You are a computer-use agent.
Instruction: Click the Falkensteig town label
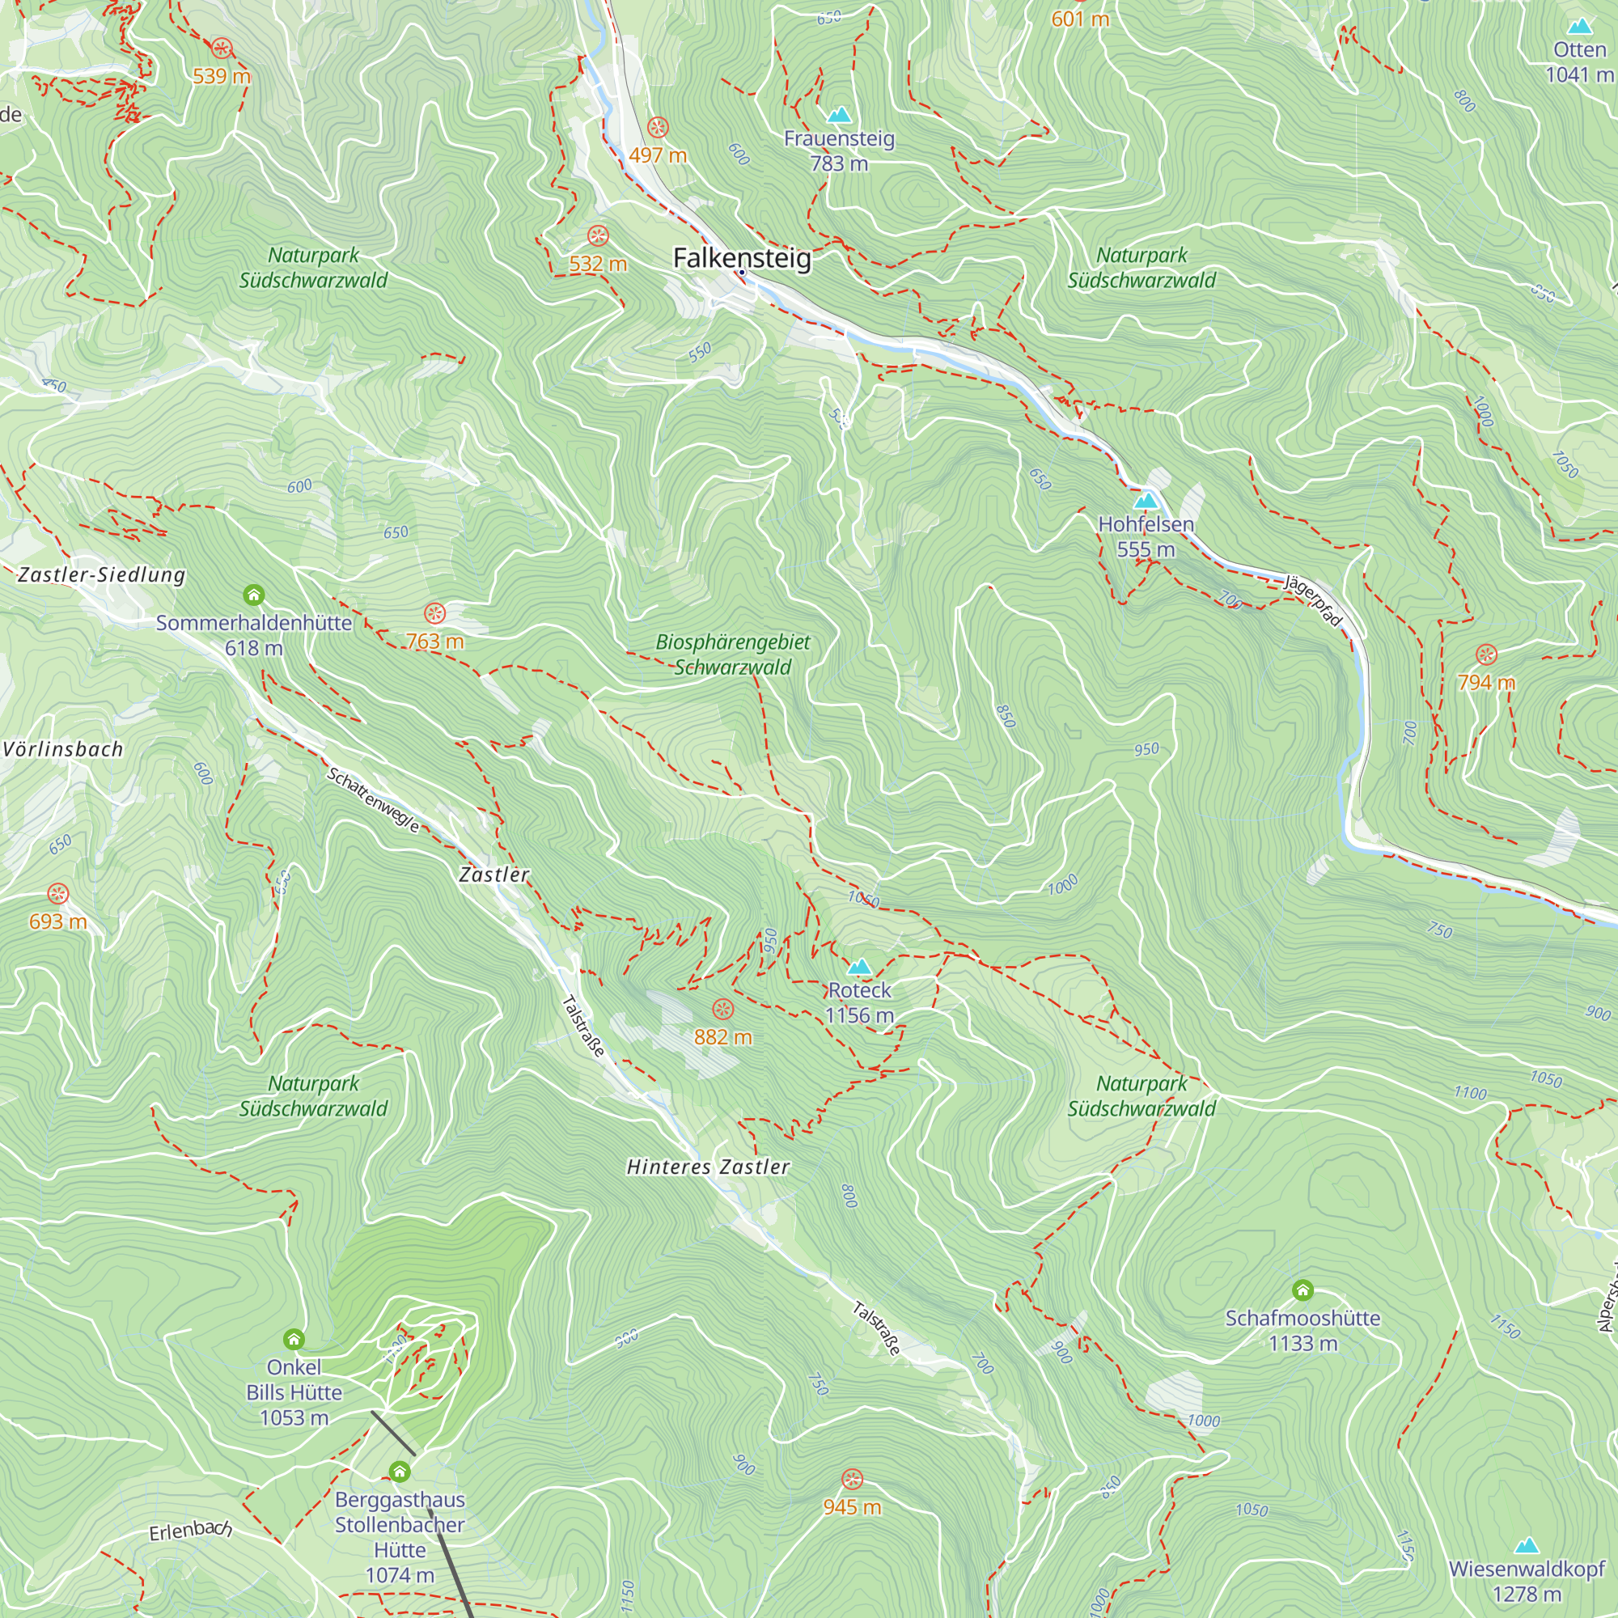tap(742, 258)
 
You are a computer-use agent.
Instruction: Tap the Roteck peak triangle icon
tap(859, 968)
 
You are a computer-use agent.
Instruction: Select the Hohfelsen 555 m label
tap(1146, 537)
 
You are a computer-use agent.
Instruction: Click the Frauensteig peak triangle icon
tap(839, 115)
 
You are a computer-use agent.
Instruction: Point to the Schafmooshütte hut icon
tap(1302, 1290)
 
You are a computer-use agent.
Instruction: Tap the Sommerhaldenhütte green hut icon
tap(254, 595)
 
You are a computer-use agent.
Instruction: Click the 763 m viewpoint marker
tap(434, 614)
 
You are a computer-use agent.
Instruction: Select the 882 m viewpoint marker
tap(722, 1009)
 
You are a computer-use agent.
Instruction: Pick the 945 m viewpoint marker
tap(852, 1479)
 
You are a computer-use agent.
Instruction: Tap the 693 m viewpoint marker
tap(57, 894)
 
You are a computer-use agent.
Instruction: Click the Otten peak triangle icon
tap(1579, 26)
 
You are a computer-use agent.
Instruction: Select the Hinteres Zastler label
tap(709, 1167)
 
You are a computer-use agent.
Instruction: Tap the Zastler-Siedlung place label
tap(101, 574)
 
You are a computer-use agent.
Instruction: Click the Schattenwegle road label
tap(373, 800)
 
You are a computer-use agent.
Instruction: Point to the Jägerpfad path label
tap(1313, 599)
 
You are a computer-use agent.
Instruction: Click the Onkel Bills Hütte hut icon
tap(293, 1339)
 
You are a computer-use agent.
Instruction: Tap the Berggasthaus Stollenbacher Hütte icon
tap(400, 1472)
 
